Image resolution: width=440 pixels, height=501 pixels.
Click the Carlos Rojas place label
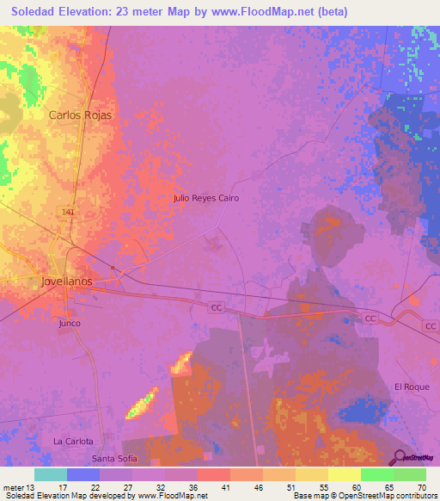(80, 114)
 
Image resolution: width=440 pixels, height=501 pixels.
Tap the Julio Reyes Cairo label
(205, 198)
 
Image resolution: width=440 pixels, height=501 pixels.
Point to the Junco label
(70, 323)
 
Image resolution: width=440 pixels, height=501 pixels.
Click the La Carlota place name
(72, 441)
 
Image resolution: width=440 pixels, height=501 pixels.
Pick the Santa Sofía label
(114, 459)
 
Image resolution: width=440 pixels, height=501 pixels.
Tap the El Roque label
(411, 387)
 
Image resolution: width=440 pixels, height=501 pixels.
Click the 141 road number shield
(68, 211)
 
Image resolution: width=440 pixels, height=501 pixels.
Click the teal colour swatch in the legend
(51, 474)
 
